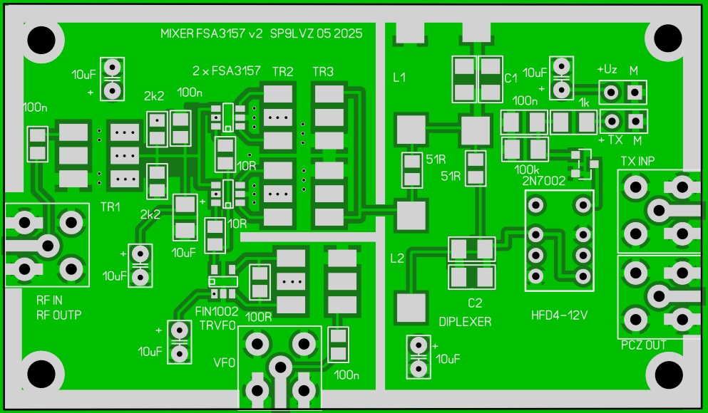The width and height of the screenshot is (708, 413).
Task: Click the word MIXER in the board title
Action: (176, 33)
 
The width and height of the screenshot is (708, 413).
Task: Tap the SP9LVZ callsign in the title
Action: (292, 33)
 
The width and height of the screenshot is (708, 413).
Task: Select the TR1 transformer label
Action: (110, 206)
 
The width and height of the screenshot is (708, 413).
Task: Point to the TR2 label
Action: (282, 72)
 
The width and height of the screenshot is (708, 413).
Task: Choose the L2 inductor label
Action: (396, 258)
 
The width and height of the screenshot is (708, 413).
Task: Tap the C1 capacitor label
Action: (511, 78)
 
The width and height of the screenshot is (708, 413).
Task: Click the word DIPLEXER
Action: (465, 321)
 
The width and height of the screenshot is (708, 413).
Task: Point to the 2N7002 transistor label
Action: (543, 181)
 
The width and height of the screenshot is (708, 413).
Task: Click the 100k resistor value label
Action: (526, 169)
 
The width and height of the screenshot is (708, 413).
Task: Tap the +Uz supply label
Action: (607, 70)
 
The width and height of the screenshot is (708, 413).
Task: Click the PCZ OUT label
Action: (644, 345)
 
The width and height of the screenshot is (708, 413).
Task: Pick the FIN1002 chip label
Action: (217, 311)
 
